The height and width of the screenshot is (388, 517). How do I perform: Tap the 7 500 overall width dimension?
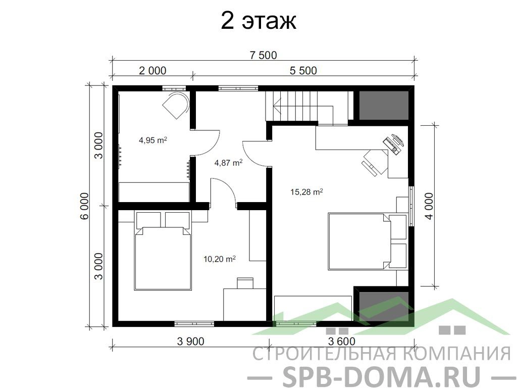pos(263,55)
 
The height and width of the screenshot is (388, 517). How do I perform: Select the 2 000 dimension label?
pos(152,71)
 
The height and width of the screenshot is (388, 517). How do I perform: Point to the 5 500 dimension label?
pos(303,71)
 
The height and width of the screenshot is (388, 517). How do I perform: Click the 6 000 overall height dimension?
pos(84,206)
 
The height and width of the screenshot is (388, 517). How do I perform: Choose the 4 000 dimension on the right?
pos(430,206)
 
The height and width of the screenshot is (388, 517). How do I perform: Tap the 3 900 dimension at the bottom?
pos(190,342)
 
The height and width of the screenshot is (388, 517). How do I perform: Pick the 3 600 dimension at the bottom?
pos(342,342)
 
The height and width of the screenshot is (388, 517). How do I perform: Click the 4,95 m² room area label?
pos(152,140)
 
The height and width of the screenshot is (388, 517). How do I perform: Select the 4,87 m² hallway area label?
pos(229,163)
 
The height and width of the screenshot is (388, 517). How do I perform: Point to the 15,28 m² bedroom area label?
pos(306,191)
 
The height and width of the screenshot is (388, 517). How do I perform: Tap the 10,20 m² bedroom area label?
pos(220,259)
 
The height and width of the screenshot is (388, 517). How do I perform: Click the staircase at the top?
pos(306,107)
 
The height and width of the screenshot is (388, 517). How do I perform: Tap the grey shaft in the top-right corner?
pos(384,105)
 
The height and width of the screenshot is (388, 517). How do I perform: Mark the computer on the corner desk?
pos(394,144)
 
